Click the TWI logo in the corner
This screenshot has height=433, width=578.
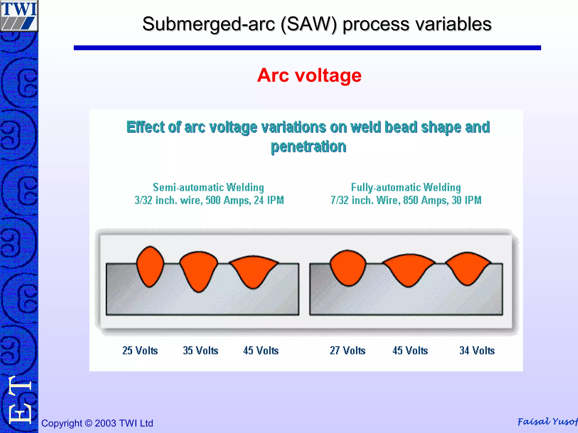[x=19, y=15]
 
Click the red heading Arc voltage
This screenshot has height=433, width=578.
[x=309, y=75]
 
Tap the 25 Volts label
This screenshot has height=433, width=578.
[x=140, y=350]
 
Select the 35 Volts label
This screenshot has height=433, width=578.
[x=200, y=350]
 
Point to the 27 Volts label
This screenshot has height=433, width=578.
[x=347, y=350]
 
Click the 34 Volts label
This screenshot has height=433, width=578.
[x=477, y=350]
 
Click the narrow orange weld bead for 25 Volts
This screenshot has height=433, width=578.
[x=150, y=266]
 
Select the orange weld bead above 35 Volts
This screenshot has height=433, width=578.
[x=198, y=269]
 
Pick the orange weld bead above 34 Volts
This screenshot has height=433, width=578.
[x=468, y=268]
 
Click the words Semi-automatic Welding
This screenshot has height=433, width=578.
[x=208, y=187]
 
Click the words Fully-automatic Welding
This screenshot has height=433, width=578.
[x=406, y=187]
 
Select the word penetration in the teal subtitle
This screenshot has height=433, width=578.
[x=308, y=147]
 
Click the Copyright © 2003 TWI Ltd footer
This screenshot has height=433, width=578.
[x=97, y=423]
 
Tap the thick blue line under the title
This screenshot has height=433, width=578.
[x=307, y=48]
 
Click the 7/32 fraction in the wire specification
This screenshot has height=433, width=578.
[x=340, y=200]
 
